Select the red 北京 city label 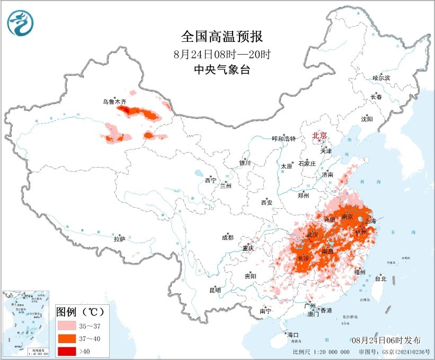(319, 135)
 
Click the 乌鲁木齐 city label (115, 101)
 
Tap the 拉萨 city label (119, 239)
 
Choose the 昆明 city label (215, 289)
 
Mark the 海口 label (294, 335)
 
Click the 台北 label (380, 278)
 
